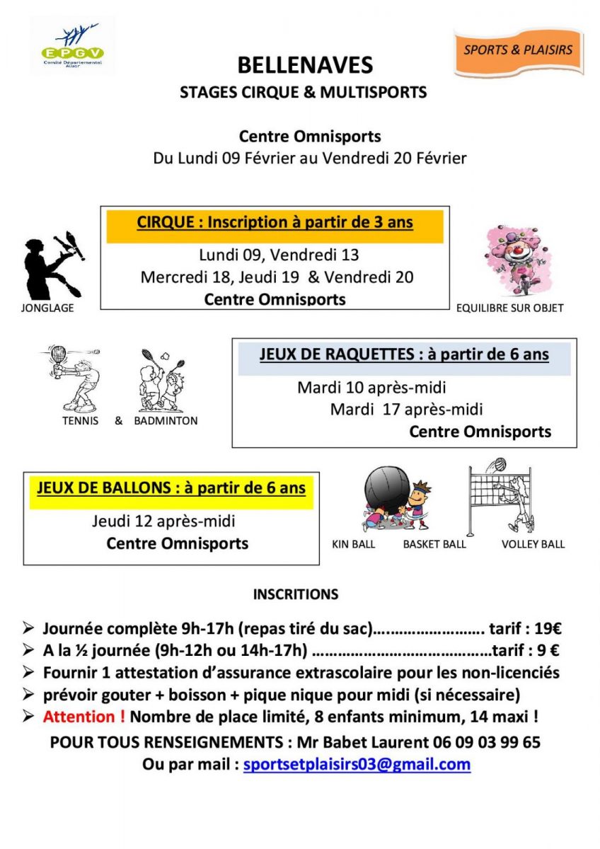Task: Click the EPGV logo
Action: [x=72, y=45]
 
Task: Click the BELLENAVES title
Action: [x=304, y=66]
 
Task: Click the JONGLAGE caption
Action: [x=48, y=308]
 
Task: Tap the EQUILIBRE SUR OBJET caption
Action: [x=510, y=308]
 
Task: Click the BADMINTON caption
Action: [x=166, y=421]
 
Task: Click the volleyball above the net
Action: [x=500, y=465]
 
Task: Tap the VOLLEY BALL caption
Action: [x=533, y=544]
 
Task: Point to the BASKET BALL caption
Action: [x=434, y=544]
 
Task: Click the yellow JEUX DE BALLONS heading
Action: [x=171, y=488]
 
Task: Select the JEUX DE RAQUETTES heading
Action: [x=404, y=354]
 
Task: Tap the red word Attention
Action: [x=84, y=717]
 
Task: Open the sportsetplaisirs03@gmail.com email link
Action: [x=357, y=765]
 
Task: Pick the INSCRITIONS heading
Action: [x=296, y=595]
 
